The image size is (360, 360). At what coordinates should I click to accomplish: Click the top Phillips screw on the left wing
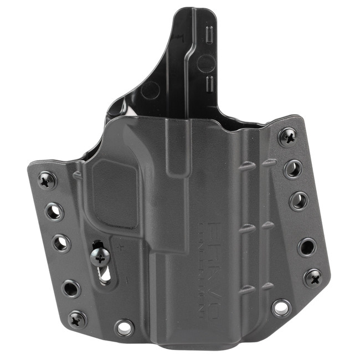coord(46,180)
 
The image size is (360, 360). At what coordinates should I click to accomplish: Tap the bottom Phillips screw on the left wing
coord(76,318)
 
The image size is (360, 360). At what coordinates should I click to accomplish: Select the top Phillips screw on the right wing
coord(288,136)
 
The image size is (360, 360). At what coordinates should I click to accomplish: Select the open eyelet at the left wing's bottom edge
coord(124,327)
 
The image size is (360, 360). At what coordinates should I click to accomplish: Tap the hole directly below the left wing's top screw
coord(54,211)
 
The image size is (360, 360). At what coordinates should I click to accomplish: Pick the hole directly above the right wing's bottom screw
coord(306,246)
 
